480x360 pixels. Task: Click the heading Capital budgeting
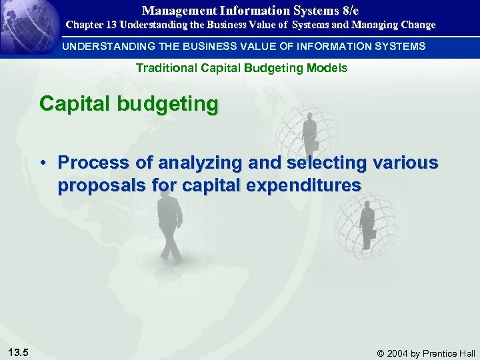coord(129,105)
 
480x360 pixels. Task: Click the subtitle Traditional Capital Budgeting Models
coord(241,68)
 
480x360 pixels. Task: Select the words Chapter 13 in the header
coord(91,25)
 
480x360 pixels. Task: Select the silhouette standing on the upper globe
coord(309,133)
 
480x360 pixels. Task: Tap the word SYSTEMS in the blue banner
coord(399,46)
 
